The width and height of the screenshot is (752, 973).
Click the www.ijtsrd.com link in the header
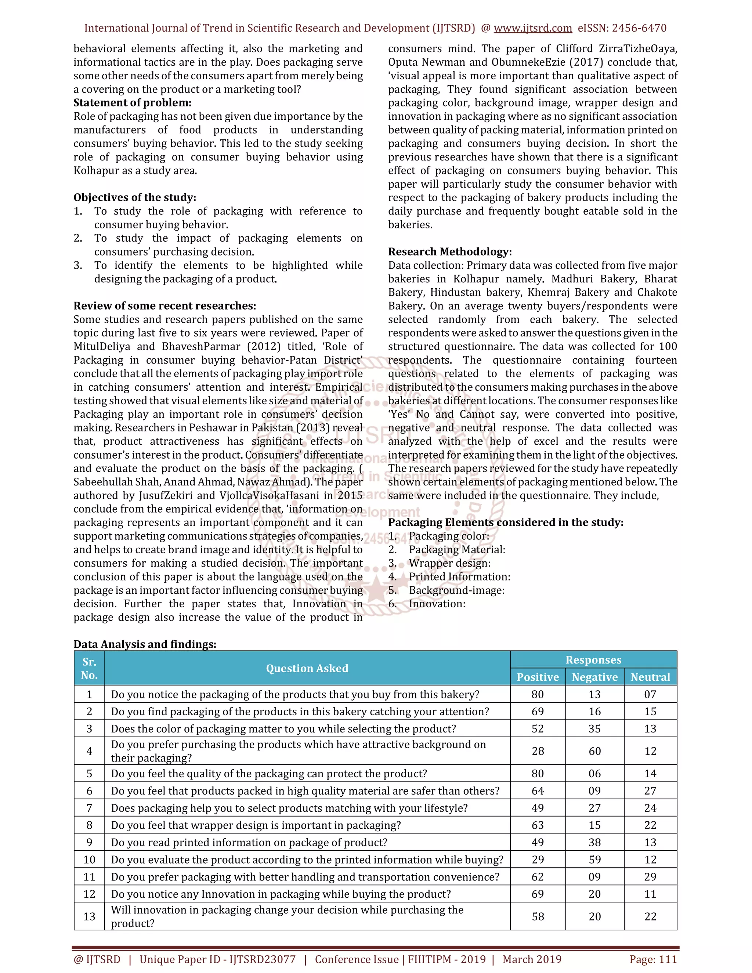click(x=532, y=28)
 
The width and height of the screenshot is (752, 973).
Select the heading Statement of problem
click(x=132, y=102)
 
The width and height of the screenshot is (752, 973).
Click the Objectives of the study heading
click(x=134, y=198)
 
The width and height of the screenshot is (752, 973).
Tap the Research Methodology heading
click(x=449, y=252)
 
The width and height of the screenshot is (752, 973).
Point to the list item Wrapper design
click(x=449, y=563)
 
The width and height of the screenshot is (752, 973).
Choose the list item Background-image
click(x=457, y=590)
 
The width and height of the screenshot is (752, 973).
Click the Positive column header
click(x=537, y=677)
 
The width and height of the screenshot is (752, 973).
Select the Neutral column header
click(x=650, y=677)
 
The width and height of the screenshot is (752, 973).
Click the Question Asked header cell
click(x=307, y=668)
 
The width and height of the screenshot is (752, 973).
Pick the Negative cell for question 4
click(x=594, y=751)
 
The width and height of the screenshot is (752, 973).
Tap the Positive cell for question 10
click(x=537, y=860)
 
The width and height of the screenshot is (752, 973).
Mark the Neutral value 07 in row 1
click(x=650, y=695)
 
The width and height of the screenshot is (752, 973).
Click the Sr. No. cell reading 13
click(x=89, y=916)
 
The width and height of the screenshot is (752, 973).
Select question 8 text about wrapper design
click(x=256, y=825)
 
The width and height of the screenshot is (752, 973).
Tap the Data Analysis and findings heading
click(x=145, y=644)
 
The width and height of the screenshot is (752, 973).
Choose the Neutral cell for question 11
click(x=650, y=877)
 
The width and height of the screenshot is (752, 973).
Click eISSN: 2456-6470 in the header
click(x=622, y=28)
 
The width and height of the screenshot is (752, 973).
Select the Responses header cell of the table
click(x=593, y=660)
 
